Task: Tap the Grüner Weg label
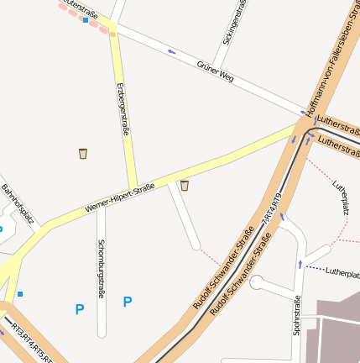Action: (215, 71)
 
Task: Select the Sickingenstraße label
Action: (235, 24)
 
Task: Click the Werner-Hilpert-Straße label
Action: (119, 197)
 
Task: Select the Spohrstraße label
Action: (297, 315)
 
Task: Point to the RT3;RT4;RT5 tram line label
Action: (29, 341)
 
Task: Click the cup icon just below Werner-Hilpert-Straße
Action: (185, 186)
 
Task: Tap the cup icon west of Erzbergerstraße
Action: (82, 153)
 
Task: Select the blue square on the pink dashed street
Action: (86, 19)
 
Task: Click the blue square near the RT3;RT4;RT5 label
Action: (19, 294)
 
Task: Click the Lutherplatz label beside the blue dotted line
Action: (342, 272)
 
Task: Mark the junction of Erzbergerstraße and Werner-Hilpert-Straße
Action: (133, 187)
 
